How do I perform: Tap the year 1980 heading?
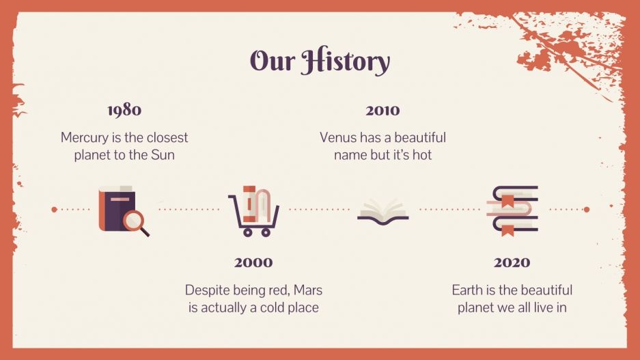coord(124,110)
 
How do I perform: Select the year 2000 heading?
coord(253,262)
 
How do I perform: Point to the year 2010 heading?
coord(382,110)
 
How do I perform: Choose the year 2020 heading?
coord(512,262)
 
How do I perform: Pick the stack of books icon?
coord(512,210)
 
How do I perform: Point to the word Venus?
coord(339,137)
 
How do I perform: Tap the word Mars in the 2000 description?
coord(307,290)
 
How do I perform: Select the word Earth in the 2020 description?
coord(467,290)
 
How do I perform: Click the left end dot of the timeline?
coord(54,210)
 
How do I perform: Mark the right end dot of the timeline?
coord(586,210)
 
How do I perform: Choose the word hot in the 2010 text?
coord(422,155)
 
